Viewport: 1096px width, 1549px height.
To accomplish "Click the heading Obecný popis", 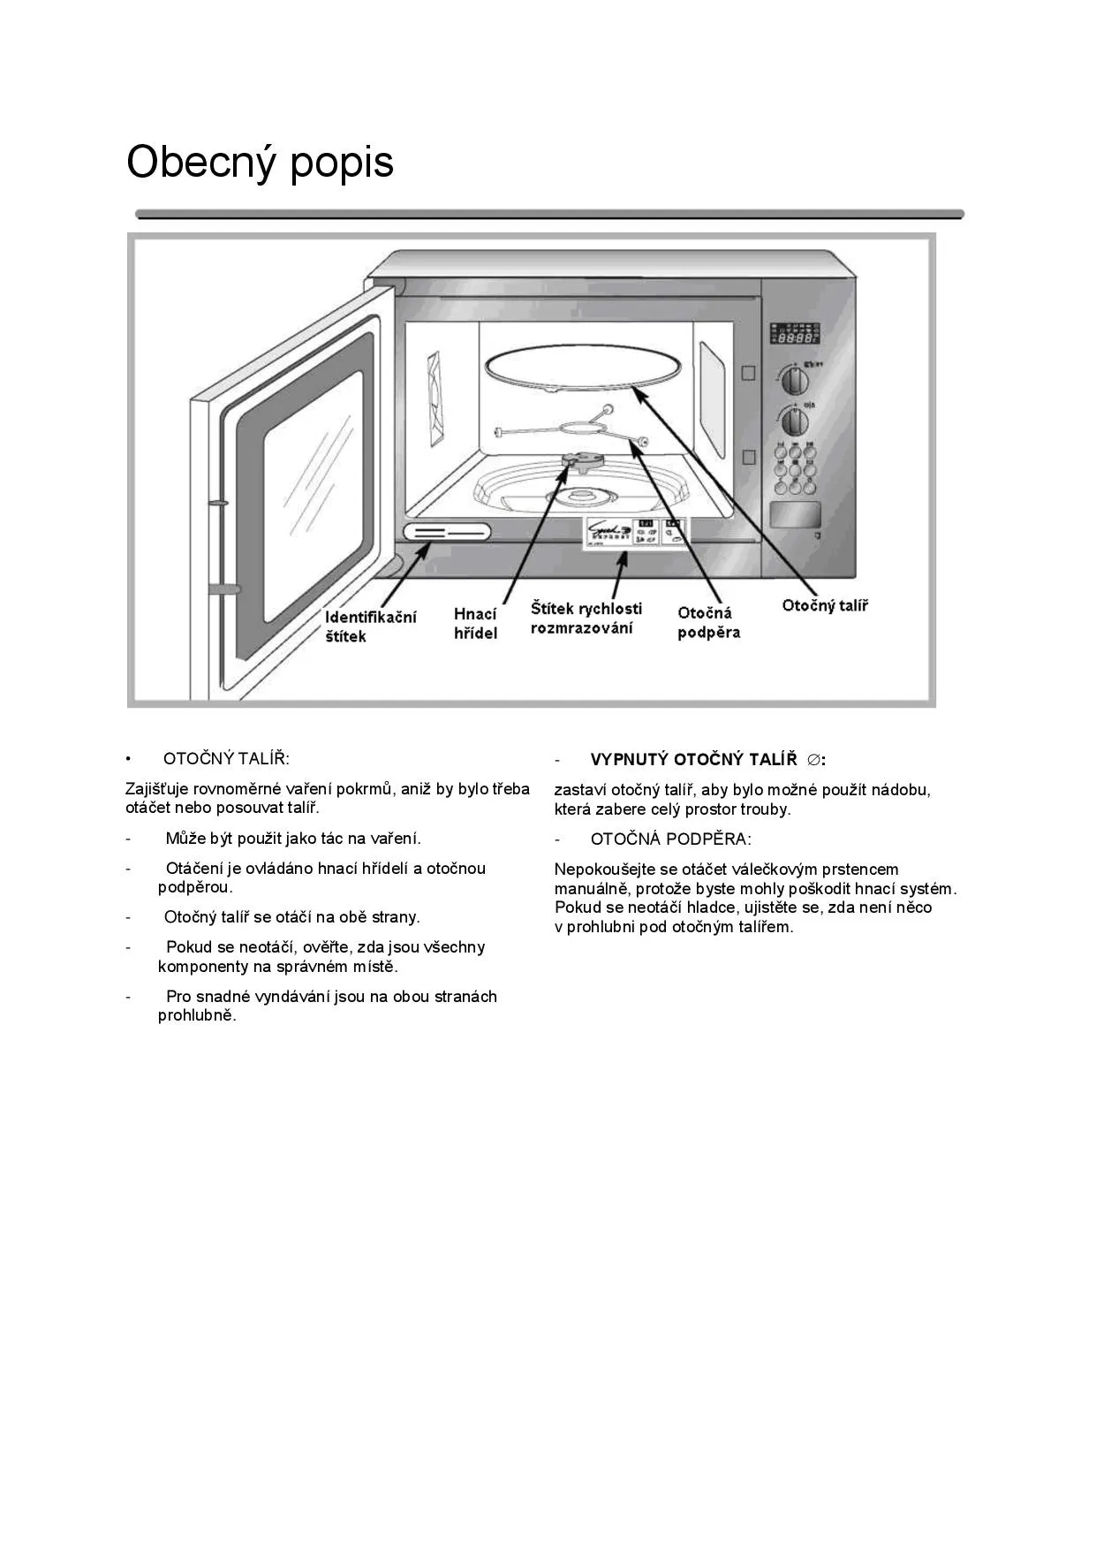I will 260,163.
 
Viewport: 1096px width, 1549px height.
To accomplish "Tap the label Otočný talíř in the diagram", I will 825,606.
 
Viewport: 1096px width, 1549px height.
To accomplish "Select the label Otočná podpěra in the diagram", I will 708,622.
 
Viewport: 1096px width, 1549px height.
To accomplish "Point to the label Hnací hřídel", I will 475,623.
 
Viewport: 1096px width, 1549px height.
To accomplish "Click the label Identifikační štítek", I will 370,626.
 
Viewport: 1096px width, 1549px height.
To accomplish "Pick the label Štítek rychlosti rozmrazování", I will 586,618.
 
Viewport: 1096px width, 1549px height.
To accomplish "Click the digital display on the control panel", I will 795,333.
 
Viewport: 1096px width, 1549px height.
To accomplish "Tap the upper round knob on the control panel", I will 795,380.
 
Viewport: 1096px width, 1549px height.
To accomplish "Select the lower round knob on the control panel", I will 795,421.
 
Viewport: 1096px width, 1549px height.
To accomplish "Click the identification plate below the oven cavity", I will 447,532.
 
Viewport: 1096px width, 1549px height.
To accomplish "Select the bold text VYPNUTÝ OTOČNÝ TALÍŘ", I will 693,760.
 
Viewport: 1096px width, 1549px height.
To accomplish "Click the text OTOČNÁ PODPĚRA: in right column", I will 670,839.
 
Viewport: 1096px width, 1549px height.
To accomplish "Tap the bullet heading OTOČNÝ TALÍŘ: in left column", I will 226,759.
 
